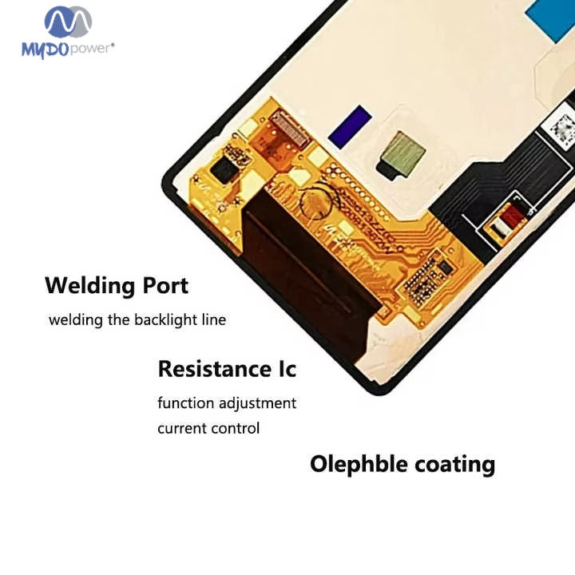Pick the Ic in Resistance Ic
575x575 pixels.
285,369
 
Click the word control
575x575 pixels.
236,428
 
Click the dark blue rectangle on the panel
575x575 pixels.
350,127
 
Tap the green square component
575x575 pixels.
403,153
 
